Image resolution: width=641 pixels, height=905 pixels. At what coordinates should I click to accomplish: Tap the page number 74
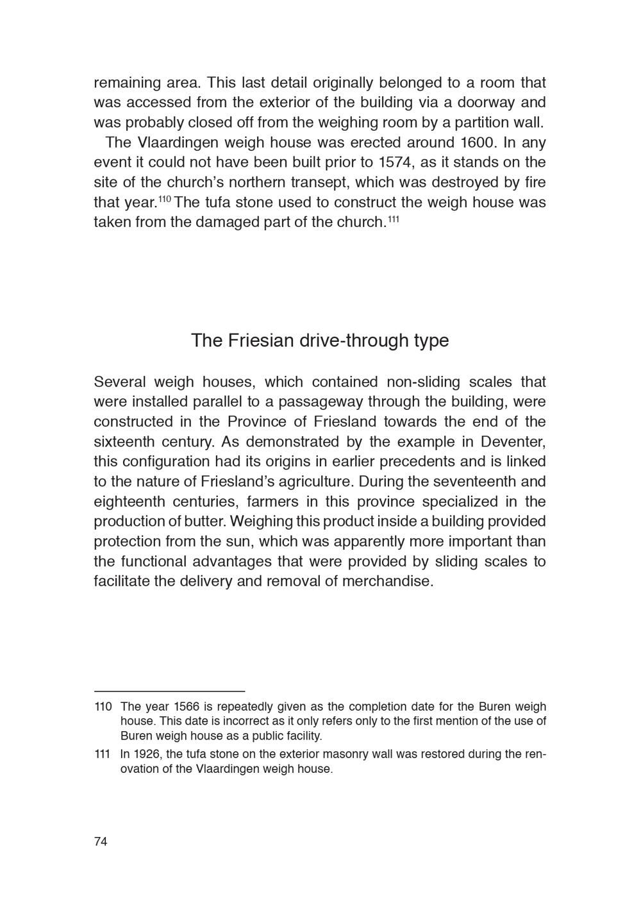pos(101,842)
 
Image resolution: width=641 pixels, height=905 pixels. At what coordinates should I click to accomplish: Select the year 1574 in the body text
pos(397,162)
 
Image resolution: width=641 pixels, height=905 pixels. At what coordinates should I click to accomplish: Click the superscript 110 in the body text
pos(164,199)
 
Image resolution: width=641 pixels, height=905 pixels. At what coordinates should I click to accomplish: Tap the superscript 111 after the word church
pos(394,219)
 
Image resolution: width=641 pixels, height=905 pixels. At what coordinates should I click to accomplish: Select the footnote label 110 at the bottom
pos(103,707)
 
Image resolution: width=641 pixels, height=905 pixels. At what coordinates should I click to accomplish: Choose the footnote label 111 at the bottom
pos(103,754)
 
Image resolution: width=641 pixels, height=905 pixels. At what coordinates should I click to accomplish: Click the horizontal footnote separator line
pos(169,691)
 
